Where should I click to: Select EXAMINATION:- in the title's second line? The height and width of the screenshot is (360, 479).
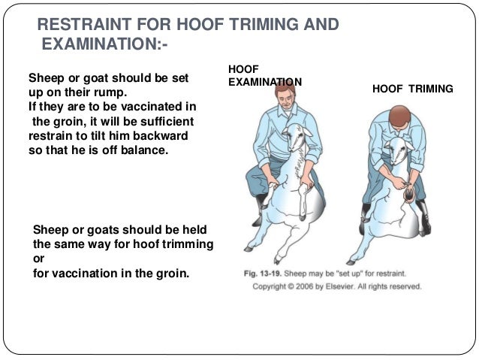coord(104,46)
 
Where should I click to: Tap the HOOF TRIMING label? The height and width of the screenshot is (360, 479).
coord(412,89)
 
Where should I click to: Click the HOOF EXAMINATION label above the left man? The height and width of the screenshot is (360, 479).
coord(264,76)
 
